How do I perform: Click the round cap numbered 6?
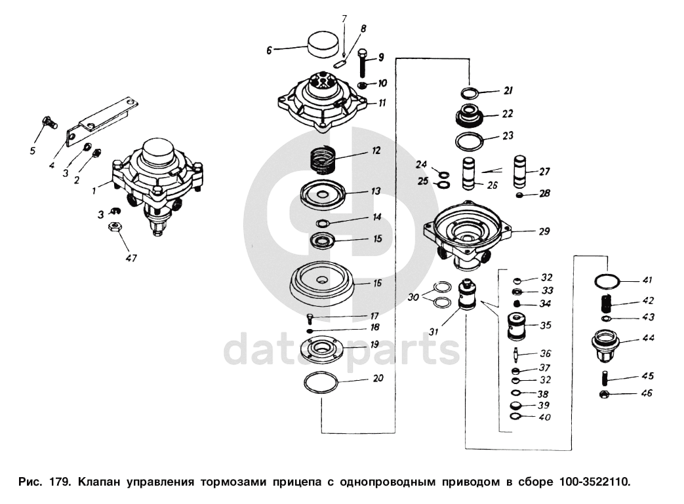(323, 45)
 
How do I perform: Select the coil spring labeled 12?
(324, 160)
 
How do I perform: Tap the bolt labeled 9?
(363, 63)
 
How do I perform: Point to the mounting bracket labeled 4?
(103, 119)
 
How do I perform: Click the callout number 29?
(544, 231)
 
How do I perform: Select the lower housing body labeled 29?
(468, 235)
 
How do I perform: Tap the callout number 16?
(377, 283)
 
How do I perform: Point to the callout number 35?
(546, 325)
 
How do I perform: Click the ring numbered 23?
(470, 142)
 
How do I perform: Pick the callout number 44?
(648, 338)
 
